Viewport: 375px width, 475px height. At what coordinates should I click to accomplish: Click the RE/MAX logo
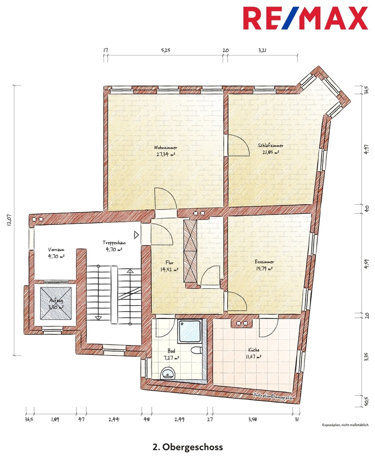point(305,18)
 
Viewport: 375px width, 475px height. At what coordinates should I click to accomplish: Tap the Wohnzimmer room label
point(166,148)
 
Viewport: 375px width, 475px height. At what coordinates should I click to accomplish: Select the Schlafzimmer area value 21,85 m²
point(270,152)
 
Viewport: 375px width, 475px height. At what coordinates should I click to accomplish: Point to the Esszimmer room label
point(265,262)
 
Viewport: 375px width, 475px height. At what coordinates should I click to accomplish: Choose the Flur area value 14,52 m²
point(169,270)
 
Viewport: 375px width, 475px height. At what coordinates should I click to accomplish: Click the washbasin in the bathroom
point(168,373)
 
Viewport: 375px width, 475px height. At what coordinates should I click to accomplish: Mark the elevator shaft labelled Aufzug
point(56,304)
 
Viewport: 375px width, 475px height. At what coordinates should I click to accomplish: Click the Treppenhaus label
point(114,243)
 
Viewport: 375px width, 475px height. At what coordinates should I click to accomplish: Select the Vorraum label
point(56,250)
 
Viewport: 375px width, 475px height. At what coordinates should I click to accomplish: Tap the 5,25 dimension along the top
point(166,50)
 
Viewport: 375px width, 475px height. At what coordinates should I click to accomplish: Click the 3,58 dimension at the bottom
point(253,419)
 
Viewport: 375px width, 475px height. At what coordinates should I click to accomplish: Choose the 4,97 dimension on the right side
point(366,149)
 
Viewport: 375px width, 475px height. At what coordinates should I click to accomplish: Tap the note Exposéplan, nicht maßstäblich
point(345,425)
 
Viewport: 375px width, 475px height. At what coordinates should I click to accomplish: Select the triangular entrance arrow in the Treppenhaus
point(136,235)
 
